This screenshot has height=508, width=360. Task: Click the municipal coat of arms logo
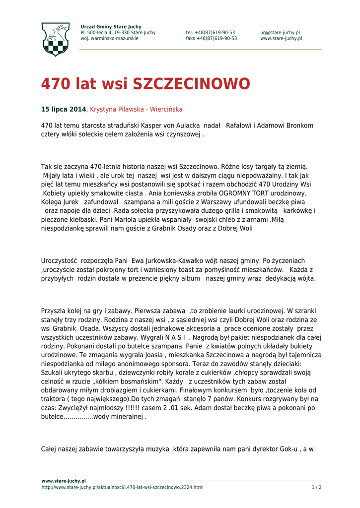tap(55, 39)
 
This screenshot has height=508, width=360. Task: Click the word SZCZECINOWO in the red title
tap(191, 84)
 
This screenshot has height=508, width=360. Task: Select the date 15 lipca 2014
tap(64, 109)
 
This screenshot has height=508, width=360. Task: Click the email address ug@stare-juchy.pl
tap(280, 33)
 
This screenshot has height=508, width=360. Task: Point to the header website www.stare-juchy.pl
tap(281, 39)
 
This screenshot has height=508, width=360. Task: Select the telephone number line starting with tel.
tap(211, 33)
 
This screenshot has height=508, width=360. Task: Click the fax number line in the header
tap(212, 39)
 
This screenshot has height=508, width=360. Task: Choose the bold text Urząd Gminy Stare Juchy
tap(111, 27)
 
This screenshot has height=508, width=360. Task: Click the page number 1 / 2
tap(316, 487)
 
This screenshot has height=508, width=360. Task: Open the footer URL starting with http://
tap(122, 487)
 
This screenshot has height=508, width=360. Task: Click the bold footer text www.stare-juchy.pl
tap(64, 481)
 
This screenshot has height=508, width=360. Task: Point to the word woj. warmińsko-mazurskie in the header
tap(109, 39)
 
